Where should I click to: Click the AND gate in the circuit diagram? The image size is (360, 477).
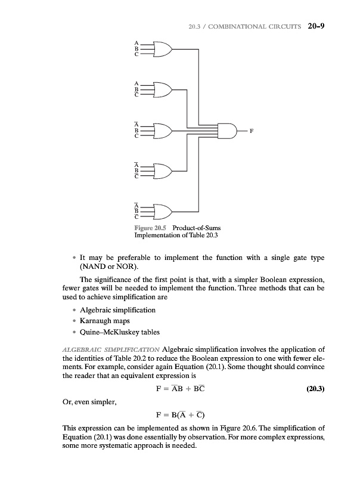coord(228,129)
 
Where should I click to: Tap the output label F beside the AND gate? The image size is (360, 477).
coord(251,130)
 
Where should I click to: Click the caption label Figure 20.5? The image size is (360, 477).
coord(150,227)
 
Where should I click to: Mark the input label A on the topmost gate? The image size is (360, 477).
coord(136,42)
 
